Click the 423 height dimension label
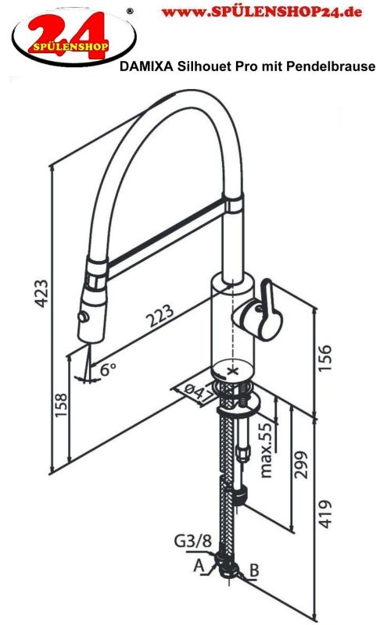pos(42,294)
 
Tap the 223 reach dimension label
pos(160,315)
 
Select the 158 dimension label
pos(62,405)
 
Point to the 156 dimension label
pos(324,358)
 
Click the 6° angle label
pos(108,369)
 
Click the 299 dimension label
pos(301,465)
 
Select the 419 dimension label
pos(325,514)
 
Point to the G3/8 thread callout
pos(192,541)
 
